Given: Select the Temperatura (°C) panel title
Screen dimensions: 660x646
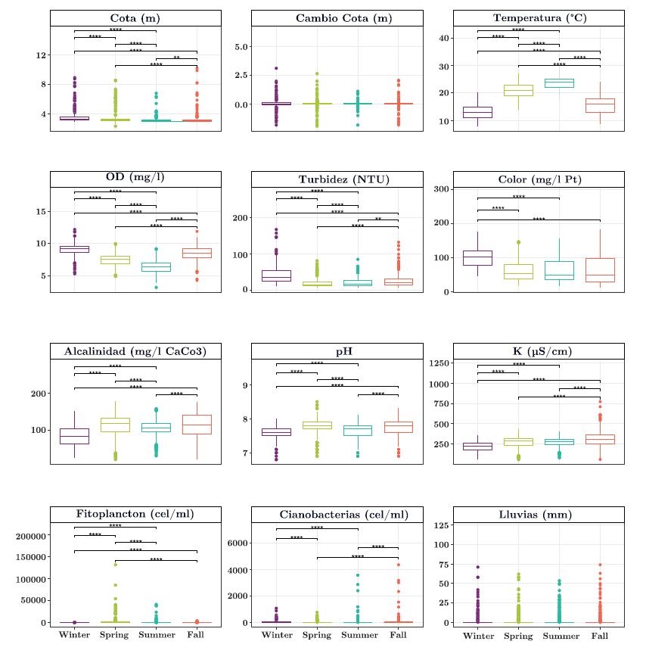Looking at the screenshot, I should [539, 18].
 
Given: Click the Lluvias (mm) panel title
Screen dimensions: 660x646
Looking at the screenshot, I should [539, 515].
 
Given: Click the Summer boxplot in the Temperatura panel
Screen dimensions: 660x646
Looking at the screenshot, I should [559, 83].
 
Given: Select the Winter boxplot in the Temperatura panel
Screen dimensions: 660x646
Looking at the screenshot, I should [478, 113].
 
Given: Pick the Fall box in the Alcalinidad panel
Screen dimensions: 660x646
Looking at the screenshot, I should [197, 425].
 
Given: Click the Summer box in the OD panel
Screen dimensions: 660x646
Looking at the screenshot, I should [156, 266].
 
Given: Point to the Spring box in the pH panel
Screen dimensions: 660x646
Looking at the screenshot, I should [317, 425].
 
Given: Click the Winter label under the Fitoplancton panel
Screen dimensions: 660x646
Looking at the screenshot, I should [75, 635].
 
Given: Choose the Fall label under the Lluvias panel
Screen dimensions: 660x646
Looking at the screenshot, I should [600, 635].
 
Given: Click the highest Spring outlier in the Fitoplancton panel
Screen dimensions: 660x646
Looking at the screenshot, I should [116, 565].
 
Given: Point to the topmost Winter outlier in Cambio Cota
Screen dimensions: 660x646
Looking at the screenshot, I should [277, 68].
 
